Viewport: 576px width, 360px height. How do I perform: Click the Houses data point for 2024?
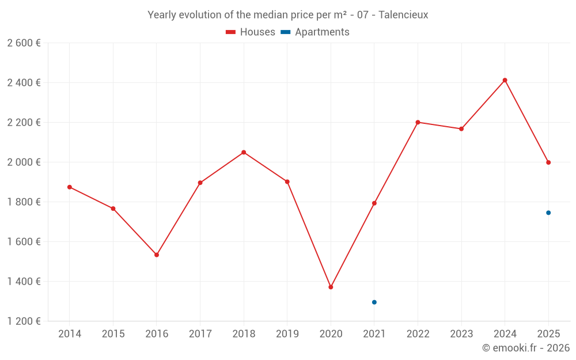pos(505,80)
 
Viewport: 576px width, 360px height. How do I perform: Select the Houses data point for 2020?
pos(331,287)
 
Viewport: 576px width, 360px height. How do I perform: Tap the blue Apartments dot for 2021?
pos(374,302)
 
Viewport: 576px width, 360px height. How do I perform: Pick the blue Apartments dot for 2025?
pos(548,213)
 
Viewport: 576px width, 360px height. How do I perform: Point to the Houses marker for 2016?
pos(157,255)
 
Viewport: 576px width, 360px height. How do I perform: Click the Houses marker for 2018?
pos(244,153)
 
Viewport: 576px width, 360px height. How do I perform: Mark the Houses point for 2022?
pos(418,122)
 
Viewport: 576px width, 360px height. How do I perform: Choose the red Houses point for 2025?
pos(548,162)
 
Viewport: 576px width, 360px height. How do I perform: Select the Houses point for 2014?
pos(70,187)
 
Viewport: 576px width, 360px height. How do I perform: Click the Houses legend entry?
pos(251,32)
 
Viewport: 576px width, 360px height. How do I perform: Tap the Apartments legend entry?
pos(315,32)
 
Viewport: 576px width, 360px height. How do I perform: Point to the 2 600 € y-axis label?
pos(24,43)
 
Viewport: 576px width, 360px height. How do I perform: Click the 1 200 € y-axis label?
pos(24,321)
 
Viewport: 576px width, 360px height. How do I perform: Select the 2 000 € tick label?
pos(24,162)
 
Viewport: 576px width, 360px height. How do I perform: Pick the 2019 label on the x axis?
pos(287,334)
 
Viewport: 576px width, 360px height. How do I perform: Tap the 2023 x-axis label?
pos(461,334)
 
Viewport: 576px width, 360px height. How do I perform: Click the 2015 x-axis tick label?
pos(113,334)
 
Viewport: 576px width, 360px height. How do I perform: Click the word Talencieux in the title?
pos(403,15)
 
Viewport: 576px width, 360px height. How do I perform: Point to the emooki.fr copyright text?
pos(526,347)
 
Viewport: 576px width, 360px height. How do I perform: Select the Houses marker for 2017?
pos(200,183)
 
